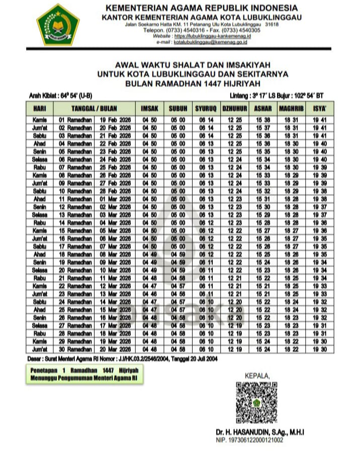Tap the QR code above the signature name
(x=256, y=403)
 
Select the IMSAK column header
(x=149, y=108)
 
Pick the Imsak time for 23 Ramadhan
(x=149, y=293)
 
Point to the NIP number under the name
(x=249, y=440)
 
